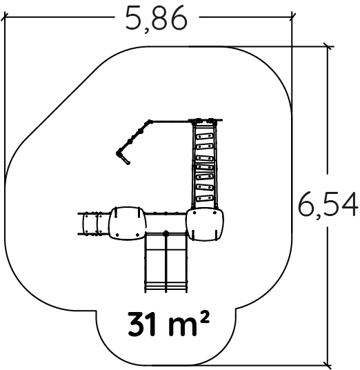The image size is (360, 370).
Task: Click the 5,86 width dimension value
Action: click(x=157, y=19)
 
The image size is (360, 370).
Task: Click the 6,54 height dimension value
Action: click(x=328, y=204)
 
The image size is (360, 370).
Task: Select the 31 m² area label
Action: click(x=168, y=324)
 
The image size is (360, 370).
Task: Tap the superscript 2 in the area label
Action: click(x=205, y=317)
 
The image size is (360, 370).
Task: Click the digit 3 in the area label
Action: click(x=136, y=324)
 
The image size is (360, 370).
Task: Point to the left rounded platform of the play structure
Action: click(x=128, y=224)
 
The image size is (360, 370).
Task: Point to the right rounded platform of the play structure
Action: click(x=205, y=224)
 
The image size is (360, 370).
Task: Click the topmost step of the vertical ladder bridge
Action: click(x=205, y=137)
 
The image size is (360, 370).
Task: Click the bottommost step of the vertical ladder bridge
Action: click(x=205, y=198)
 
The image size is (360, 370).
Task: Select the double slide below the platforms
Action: click(x=166, y=262)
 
